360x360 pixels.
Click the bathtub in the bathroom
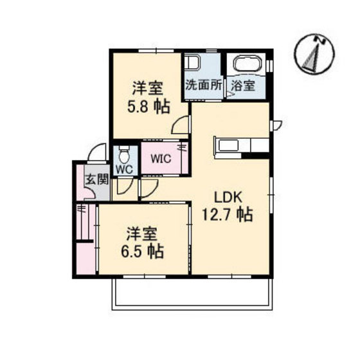[x=248, y=66]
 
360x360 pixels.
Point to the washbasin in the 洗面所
[x=194, y=65]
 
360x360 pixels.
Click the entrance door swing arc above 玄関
[x=97, y=152]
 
